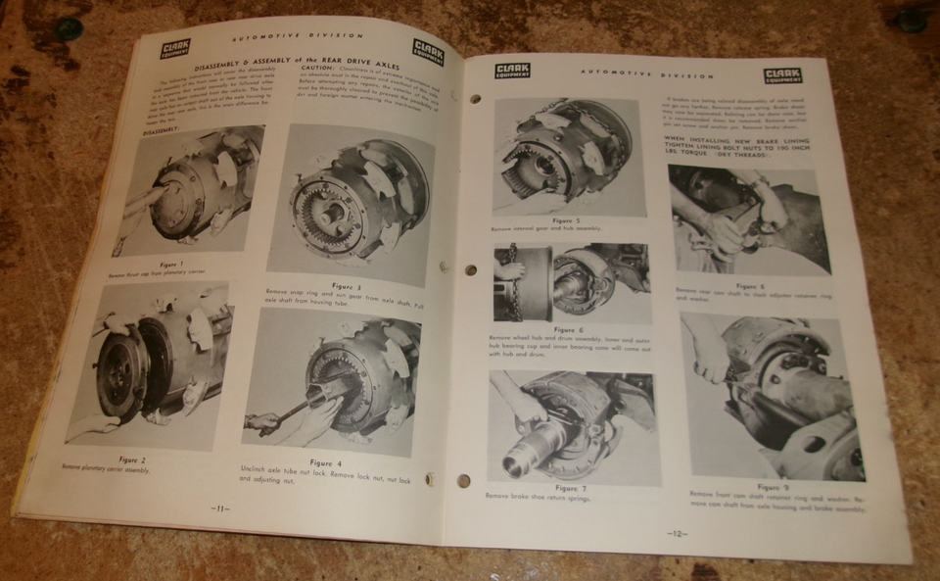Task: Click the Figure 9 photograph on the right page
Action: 774,397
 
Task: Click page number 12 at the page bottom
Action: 680,534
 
